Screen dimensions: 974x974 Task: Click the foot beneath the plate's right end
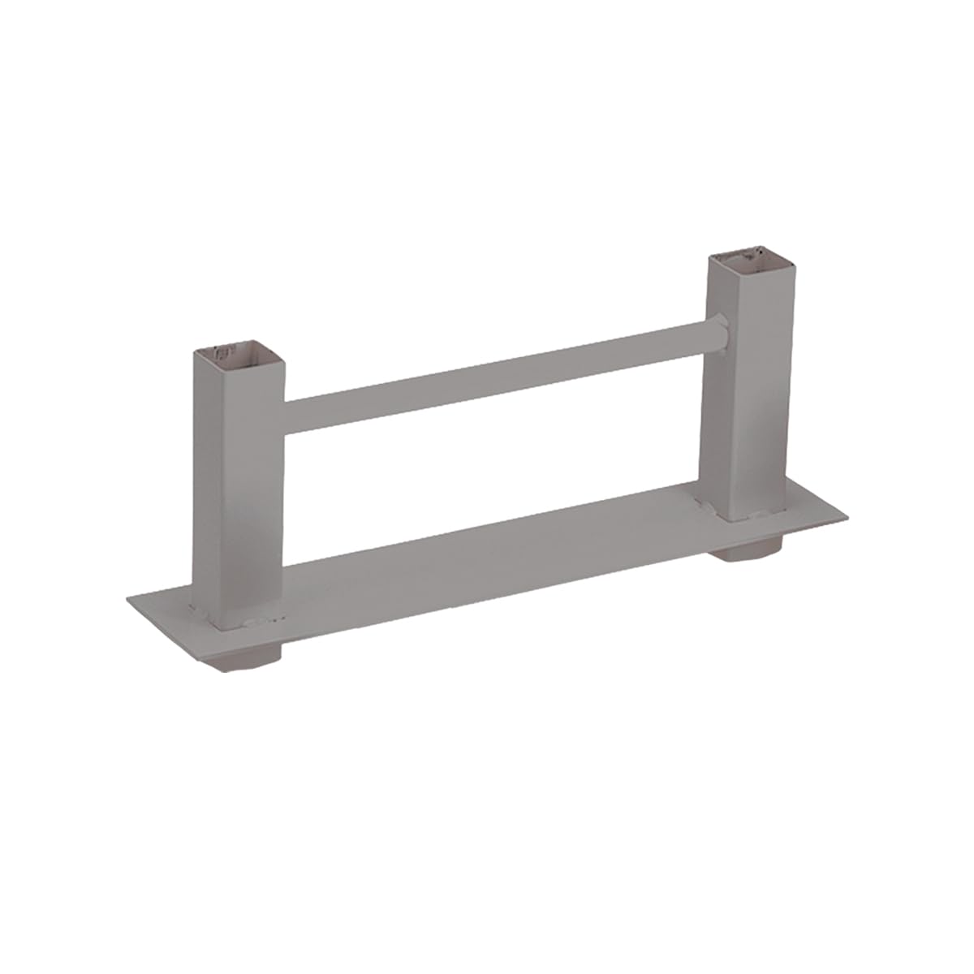click(x=748, y=553)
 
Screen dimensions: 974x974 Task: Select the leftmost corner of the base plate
click(x=128, y=599)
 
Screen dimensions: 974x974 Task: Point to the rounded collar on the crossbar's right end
click(x=719, y=335)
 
